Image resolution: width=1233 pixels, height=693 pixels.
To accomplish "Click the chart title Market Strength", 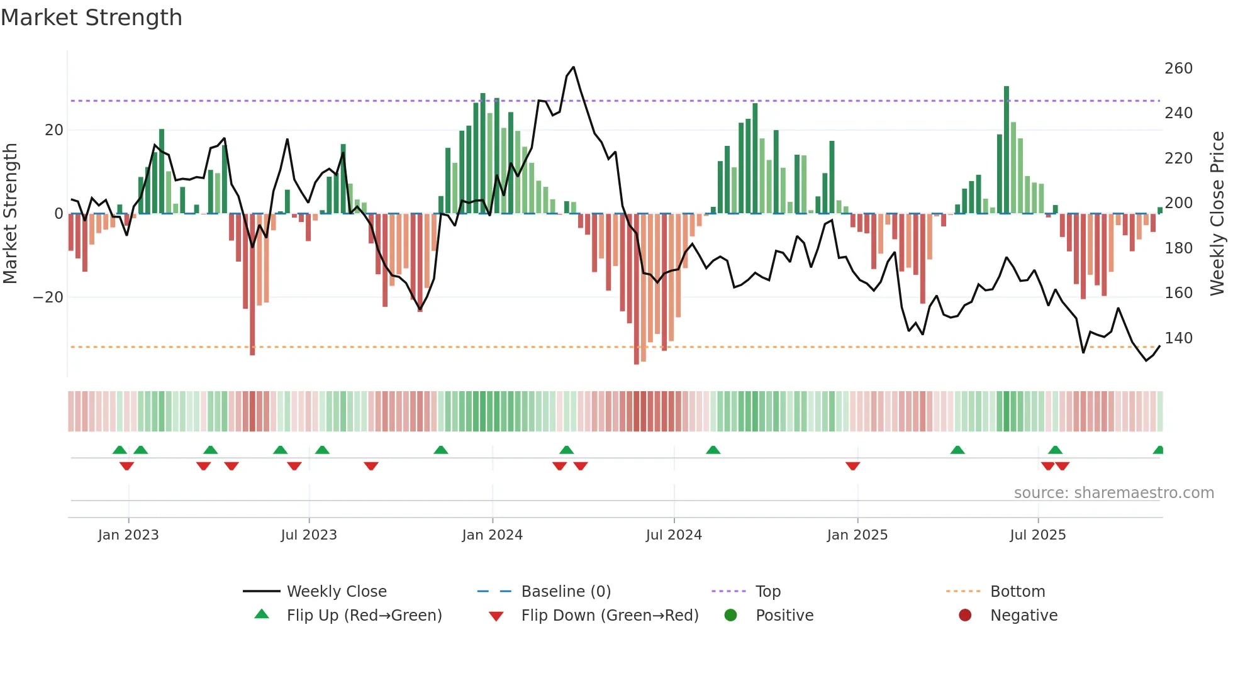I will [91, 18].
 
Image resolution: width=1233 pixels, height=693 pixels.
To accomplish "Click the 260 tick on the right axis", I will [1178, 68].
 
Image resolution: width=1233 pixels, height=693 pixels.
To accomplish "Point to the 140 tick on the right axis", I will [1178, 338].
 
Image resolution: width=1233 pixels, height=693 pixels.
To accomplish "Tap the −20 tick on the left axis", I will [48, 297].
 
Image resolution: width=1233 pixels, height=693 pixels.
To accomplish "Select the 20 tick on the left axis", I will [54, 130].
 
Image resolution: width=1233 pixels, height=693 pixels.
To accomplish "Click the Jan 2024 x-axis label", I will [492, 535].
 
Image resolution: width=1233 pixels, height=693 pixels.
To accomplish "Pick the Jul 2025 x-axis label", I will [1037, 535].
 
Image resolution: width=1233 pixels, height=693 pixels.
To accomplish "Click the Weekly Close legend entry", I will [336, 592].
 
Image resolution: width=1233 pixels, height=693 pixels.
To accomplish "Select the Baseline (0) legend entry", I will [566, 592].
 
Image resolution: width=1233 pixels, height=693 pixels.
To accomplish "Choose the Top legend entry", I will [767, 592].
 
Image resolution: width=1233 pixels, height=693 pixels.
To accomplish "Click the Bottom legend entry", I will [1017, 592].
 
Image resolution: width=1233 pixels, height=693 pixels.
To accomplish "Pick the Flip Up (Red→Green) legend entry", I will [364, 616].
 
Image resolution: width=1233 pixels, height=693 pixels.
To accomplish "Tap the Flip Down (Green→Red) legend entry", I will [609, 616].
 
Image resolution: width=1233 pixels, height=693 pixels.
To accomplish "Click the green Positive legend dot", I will [730, 615].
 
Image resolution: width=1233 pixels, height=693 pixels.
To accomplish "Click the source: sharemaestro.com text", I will [1113, 493].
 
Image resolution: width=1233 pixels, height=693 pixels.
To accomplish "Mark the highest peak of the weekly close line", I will [573, 67].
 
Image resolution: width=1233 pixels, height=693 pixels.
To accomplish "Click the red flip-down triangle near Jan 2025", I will [852, 466].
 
